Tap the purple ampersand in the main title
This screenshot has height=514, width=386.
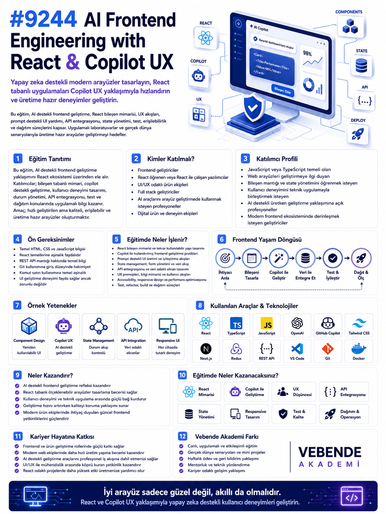73,62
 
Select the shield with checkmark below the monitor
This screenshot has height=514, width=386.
253,107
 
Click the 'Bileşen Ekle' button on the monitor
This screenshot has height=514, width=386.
282,90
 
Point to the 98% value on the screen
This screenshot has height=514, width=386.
307,54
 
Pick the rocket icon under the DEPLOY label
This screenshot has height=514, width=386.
358,134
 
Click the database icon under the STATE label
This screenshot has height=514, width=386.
361,65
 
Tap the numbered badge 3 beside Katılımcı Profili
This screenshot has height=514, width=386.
245,159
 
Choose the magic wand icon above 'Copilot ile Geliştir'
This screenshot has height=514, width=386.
278,258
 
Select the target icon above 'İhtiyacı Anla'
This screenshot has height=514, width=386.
225,258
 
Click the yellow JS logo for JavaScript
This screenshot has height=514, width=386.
267,323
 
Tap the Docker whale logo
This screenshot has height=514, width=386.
359,349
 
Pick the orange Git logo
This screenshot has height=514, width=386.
328,349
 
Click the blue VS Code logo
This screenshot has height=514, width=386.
297,349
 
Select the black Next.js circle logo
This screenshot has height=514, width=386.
206,349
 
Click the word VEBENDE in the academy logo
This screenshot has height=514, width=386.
329,452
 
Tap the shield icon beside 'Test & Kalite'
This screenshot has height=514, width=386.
283,414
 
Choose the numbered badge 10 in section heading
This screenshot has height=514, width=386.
182,375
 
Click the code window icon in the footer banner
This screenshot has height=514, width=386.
351,496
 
